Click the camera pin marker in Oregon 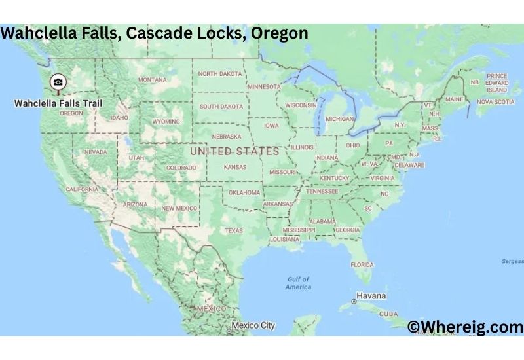(58, 82)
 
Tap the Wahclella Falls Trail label (58, 103)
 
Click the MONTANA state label (152, 80)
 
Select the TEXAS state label (233, 230)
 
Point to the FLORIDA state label (362, 264)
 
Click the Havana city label (371, 295)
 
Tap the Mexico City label (253, 325)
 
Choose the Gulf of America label (299, 283)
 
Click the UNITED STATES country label (234, 151)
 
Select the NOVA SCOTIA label (495, 102)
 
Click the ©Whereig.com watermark (464, 327)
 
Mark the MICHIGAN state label (339, 119)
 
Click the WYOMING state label (166, 122)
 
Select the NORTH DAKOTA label (219, 74)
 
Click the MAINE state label (454, 99)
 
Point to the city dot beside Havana (354, 301)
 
